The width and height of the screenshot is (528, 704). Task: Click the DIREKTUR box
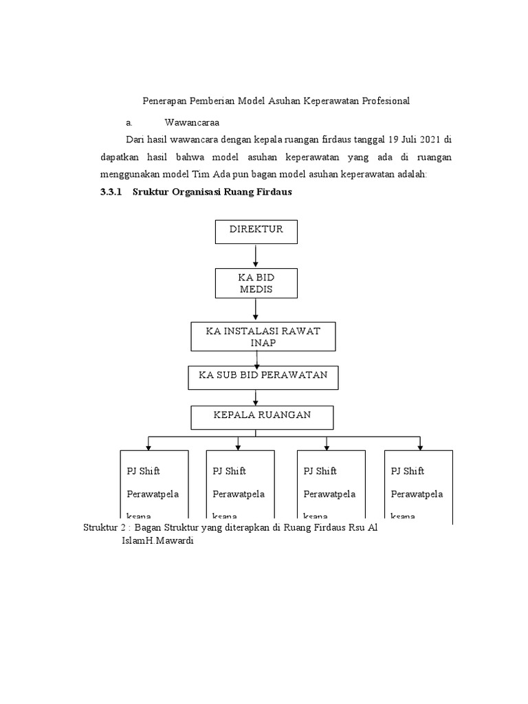tap(256, 231)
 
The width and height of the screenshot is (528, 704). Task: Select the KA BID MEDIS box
tap(256, 283)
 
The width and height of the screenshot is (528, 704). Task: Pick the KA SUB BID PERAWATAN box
tap(263, 377)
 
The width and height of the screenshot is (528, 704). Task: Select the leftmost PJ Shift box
tap(153, 486)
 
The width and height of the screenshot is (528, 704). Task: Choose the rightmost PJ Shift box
tap(418, 486)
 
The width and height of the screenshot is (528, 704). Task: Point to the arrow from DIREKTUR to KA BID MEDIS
tap(256, 255)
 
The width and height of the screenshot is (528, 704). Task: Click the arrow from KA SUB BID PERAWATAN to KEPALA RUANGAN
tap(256, 397)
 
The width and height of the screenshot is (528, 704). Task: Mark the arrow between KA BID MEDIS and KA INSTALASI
tap(256, 309)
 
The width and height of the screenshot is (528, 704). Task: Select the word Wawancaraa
tap(191, 122)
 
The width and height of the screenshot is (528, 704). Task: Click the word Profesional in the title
tap(382, 101)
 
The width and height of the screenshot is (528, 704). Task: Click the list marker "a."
tap(129, 122)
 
